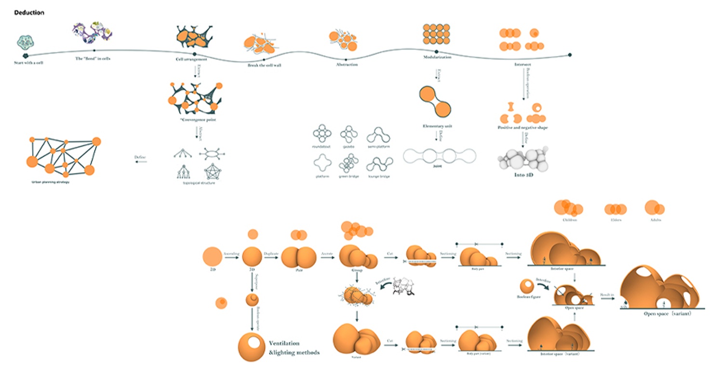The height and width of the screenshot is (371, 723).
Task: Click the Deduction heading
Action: coord(29,13)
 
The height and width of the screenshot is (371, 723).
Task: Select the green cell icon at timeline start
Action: coord(25,43)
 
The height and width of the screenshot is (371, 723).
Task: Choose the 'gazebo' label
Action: coord(348,146)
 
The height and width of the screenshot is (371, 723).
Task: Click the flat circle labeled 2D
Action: coord(213,256)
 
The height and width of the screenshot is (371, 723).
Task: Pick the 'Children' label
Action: coord(569,220)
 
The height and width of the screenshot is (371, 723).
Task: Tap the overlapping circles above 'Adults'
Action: coord(655,207)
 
